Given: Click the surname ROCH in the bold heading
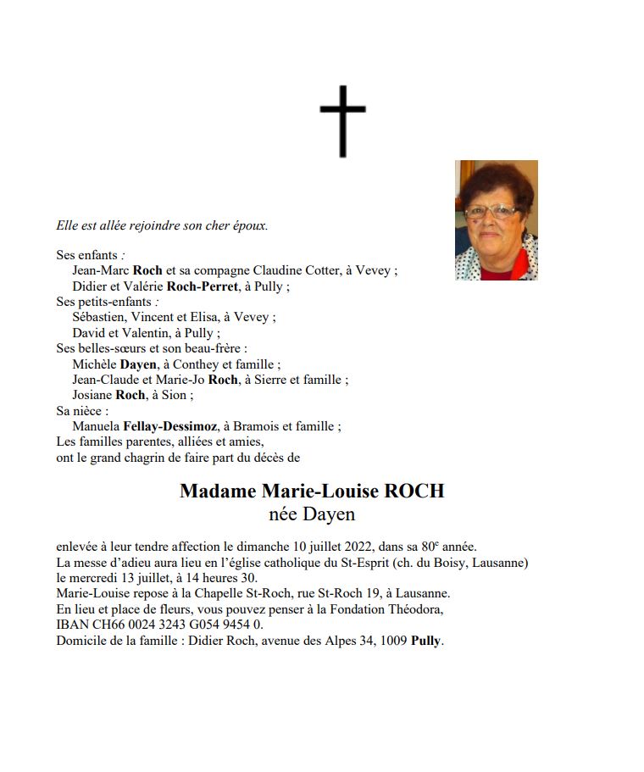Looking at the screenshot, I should coord(414,492).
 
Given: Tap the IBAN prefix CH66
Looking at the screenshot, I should coord(100,625).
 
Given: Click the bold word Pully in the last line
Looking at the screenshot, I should coord(426,641).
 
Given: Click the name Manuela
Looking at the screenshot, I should coord(96,426).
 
